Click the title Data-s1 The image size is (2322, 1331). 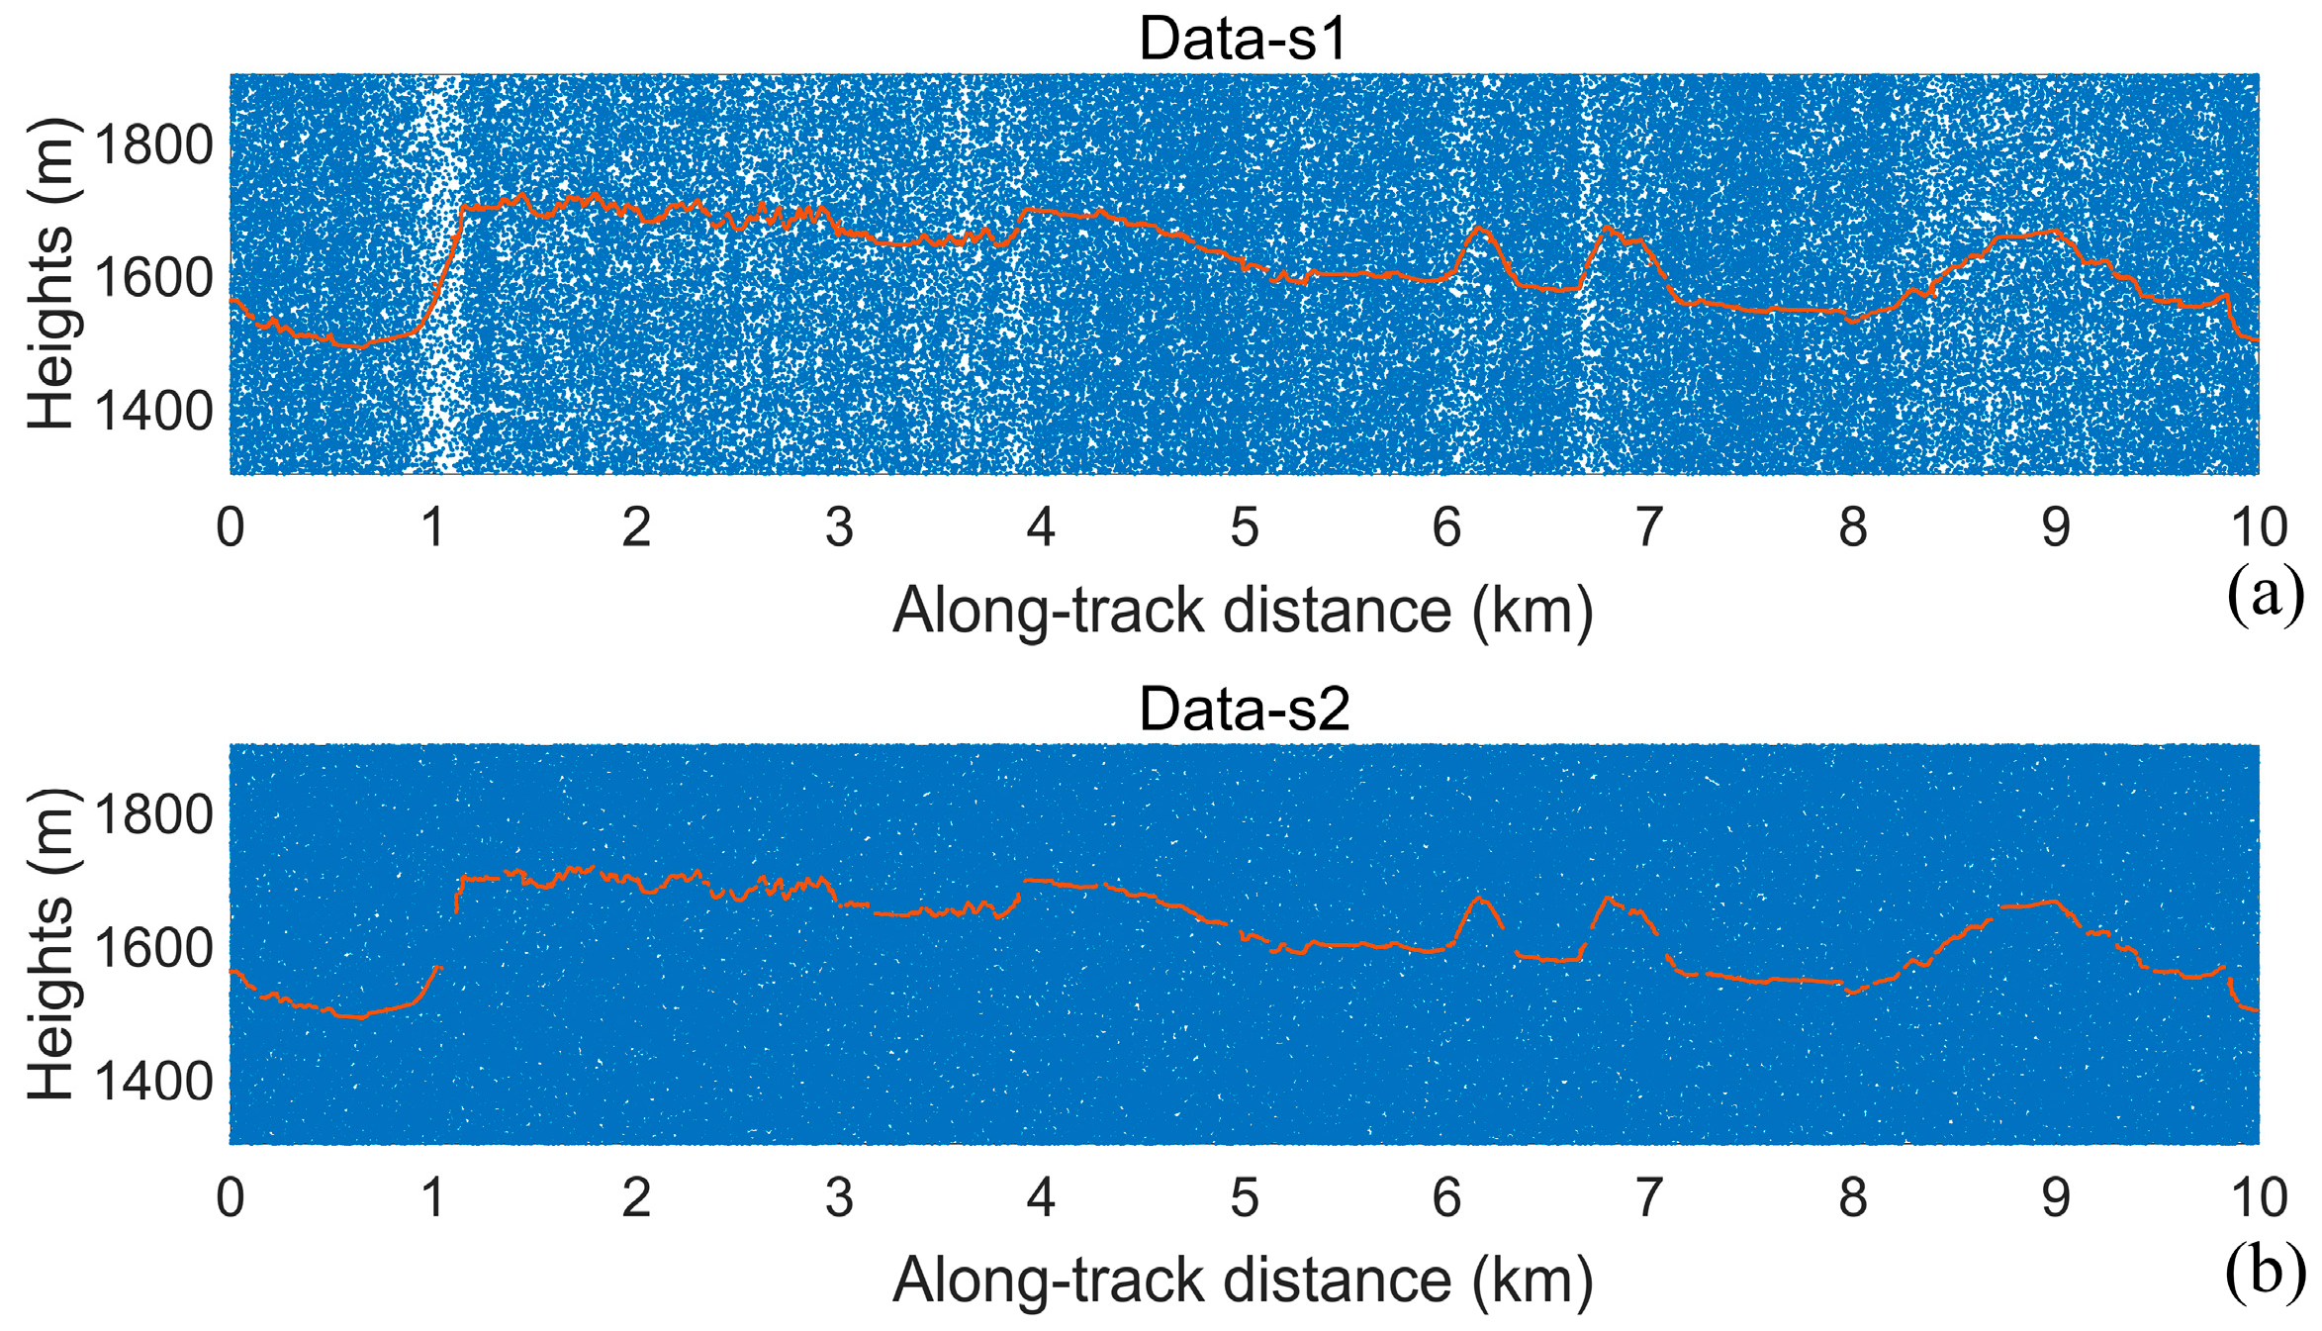click(1243, 40)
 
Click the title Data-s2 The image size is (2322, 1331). click(1244, 710)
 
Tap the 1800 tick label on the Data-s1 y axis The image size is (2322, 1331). click(154, 145)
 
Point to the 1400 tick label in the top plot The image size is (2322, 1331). click(154, 411)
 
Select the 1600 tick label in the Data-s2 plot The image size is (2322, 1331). click(154, 948)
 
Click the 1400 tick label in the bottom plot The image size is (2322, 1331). click(154, 1081)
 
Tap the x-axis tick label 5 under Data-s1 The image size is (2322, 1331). click(1244, 527)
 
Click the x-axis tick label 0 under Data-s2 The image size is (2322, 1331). click(231, 1198)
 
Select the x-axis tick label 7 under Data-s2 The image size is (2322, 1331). click(1648, 1198)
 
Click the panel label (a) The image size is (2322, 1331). click(2265, 596)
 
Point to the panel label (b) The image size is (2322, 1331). click(2265, 1274)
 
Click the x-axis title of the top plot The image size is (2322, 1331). click(1243, 611)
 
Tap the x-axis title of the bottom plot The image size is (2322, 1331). click(1243, 1281)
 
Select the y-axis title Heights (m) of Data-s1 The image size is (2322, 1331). click(51, 273)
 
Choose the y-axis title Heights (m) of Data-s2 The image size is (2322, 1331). click(51, 944)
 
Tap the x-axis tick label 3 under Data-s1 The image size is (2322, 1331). click(839, 527)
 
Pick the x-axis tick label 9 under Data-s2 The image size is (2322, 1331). click(2056, 1198)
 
